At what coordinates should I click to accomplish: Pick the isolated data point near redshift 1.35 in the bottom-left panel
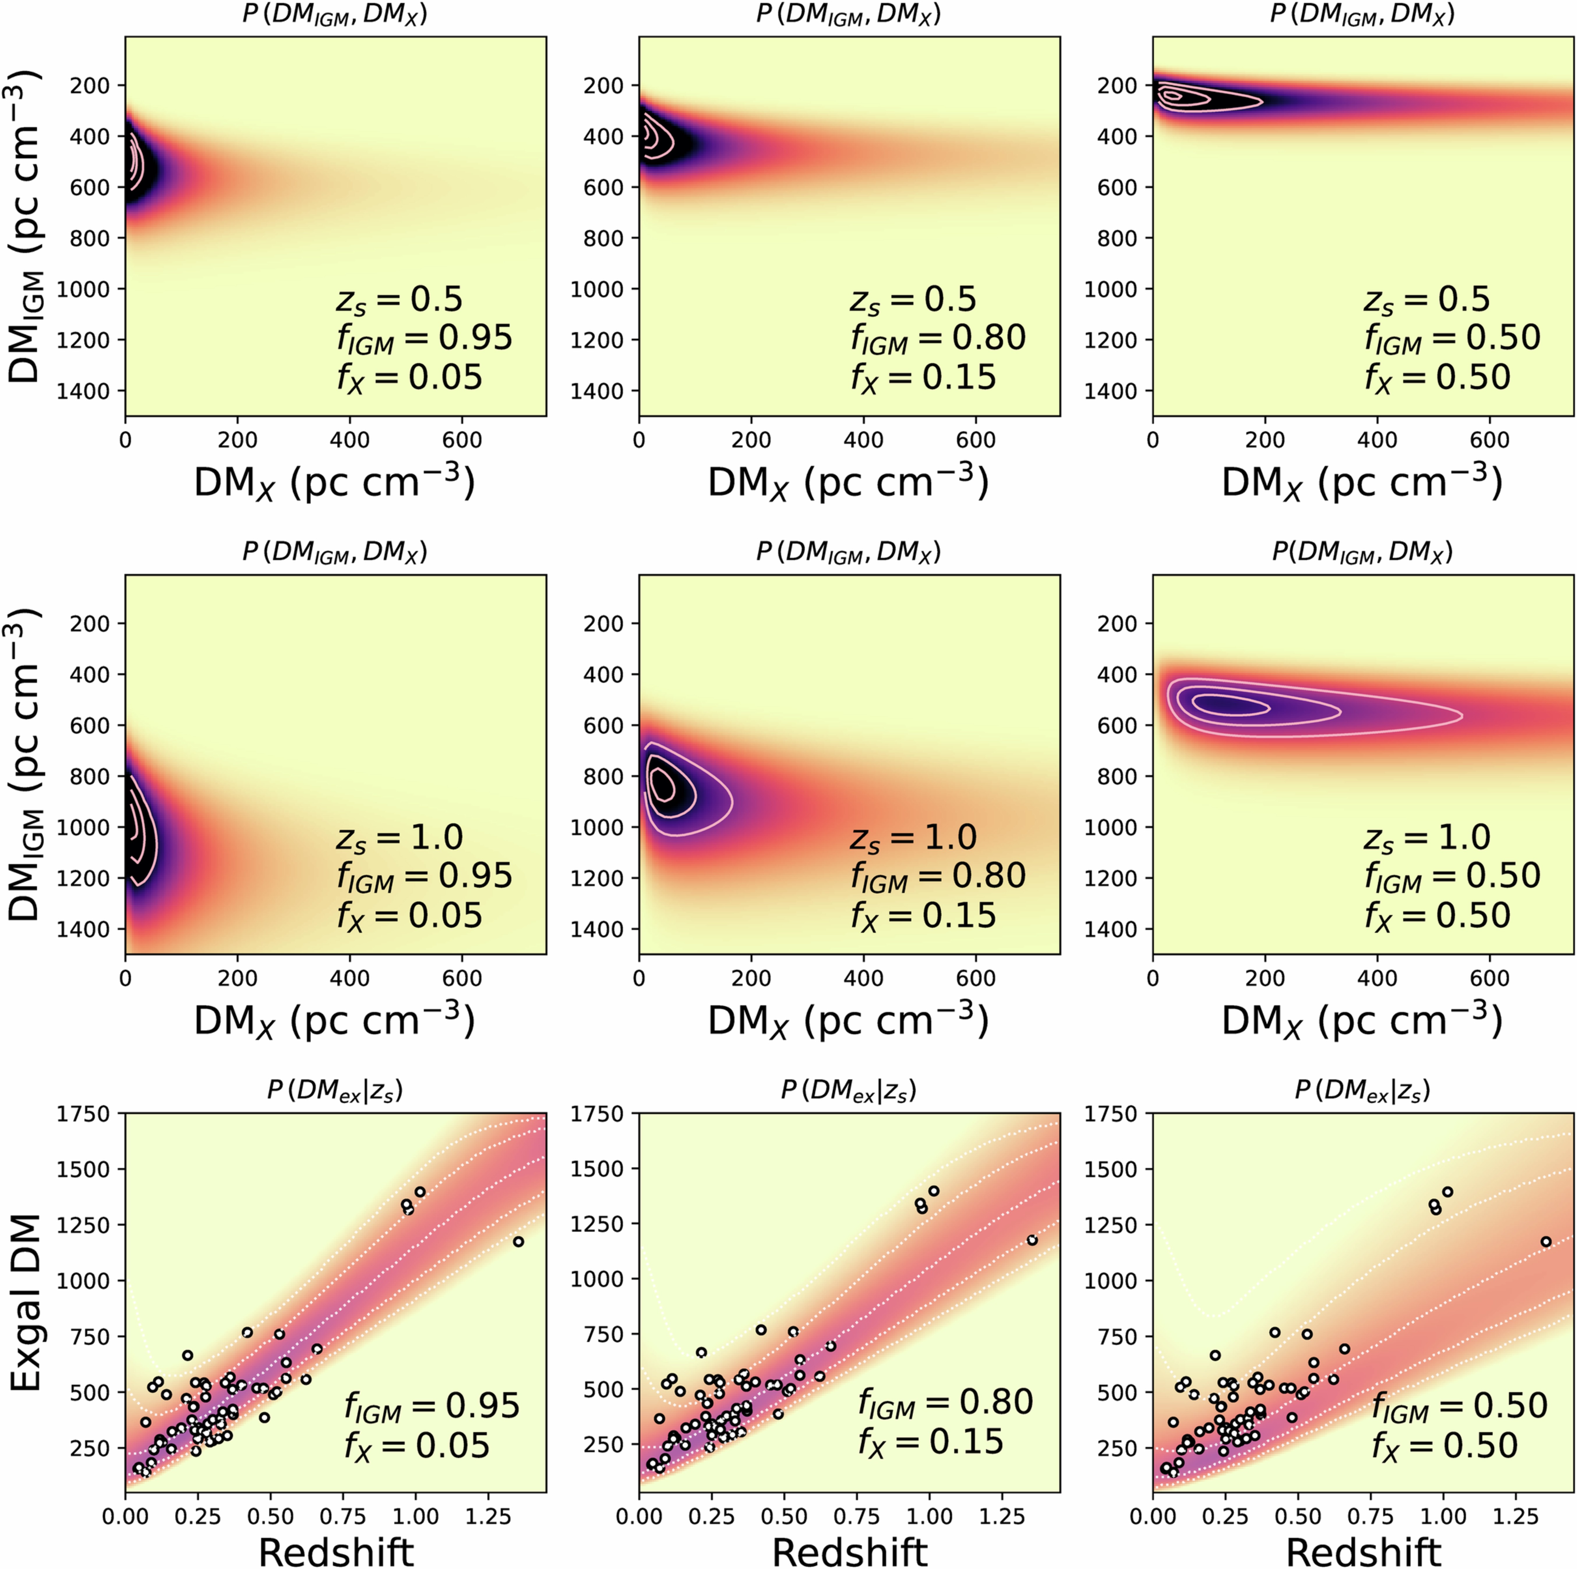pyautogui.click(x=518, y=1242)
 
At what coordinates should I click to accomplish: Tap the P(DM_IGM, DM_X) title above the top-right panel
pyautogui.click(x=1362, y=14)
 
